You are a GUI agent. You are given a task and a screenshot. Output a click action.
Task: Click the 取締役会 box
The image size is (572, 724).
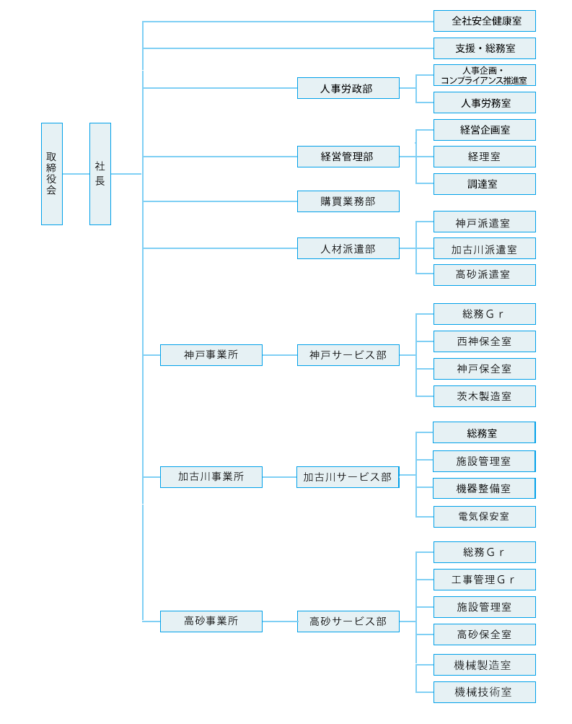[x=52, y=174]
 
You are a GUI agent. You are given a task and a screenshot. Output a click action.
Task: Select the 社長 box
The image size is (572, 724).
[x=100, y=174]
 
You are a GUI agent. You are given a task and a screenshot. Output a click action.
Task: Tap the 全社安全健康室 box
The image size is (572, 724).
[x=485, y=21]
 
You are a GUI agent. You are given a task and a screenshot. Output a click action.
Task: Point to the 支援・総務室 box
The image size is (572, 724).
[x=485, y=48]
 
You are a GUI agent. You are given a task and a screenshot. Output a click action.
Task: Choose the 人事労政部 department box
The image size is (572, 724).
[x=348, y=88]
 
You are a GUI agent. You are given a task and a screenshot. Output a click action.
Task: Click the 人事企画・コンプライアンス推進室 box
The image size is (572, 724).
[x=485, y=75]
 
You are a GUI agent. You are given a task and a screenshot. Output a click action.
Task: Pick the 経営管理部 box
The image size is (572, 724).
[x=348, y=157]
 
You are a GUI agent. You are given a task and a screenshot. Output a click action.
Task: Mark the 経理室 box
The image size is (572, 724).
[x=485, y=157]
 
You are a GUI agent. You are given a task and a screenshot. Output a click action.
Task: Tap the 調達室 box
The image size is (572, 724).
[x=485, y=184]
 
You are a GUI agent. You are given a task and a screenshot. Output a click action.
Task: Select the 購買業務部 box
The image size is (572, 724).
[x=348, y=201]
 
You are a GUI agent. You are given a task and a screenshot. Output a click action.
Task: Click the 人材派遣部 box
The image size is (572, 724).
[x=348, y=248]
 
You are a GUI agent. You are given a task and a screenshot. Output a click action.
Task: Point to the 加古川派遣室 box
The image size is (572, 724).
[x=485, y=248]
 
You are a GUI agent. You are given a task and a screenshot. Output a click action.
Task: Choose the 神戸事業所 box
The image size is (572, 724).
[x=211, y=355]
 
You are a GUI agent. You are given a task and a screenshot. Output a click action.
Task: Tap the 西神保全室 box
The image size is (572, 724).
[x=485, y=341]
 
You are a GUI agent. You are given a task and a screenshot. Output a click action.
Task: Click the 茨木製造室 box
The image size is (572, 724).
[x=485, y=396]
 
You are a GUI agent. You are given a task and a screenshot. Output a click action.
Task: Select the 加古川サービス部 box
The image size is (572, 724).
[x=348, y=477]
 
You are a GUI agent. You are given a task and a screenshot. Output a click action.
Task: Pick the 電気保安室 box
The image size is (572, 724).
[x=485, y=517]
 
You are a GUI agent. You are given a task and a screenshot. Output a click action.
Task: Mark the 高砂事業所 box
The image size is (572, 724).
[x=211, y=621]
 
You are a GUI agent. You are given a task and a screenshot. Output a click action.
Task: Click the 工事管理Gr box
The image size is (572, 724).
[x=485, y=580]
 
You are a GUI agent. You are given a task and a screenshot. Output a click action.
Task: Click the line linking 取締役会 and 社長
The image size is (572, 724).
[x=76, y=174]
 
